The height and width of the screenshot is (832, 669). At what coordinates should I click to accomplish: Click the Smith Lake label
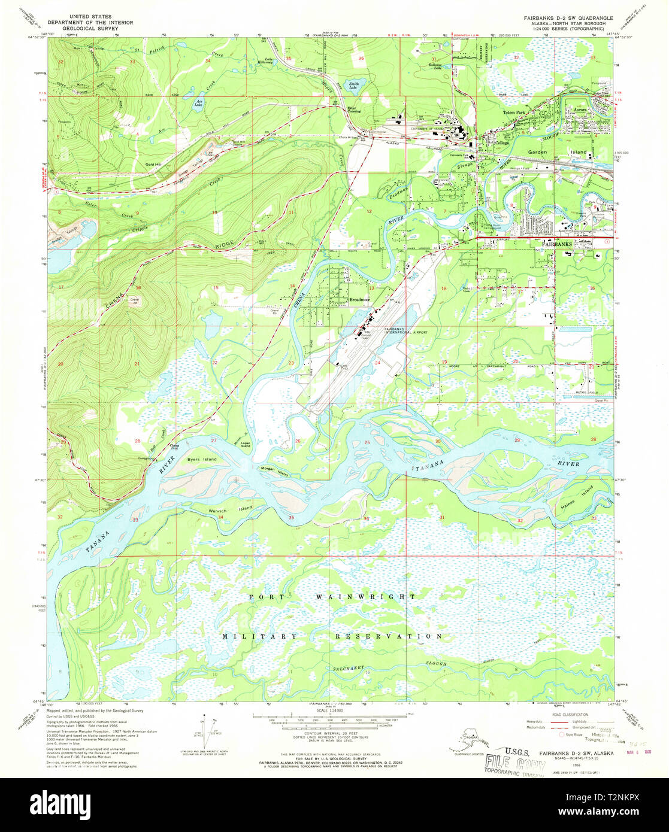coord(354,84)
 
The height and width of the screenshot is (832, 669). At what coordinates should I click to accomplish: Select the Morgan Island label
coord(273,471)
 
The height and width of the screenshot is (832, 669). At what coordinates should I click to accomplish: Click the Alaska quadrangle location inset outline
coord(459,745)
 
